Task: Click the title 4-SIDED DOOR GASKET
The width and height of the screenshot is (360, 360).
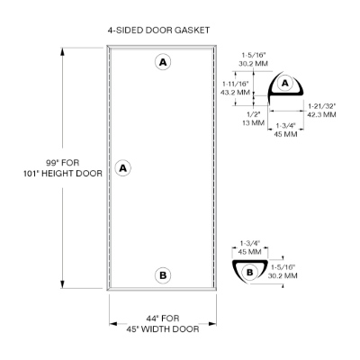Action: [158, 31]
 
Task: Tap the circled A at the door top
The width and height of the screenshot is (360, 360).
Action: [163, 62]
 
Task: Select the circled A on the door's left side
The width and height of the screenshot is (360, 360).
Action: [123, 168]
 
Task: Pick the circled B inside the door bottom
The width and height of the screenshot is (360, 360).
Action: [163, 275]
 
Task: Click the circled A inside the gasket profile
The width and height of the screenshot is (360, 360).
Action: [285, 83]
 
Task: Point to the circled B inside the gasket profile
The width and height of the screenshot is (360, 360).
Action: [249, 273]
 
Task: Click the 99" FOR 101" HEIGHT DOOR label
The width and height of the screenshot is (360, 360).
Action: [63, 168]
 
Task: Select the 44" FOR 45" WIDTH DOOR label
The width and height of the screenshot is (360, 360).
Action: [163, 323]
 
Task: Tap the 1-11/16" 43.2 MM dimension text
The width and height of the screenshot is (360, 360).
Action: [235, 87]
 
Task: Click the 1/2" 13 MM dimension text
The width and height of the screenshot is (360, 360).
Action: [254, 119]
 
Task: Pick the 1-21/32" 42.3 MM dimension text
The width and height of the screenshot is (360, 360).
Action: [322, 110]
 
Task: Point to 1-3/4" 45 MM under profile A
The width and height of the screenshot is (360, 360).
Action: [286, 130]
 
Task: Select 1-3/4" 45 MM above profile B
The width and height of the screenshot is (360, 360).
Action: [249, 247]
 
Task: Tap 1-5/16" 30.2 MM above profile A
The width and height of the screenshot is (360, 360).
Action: [254, 59]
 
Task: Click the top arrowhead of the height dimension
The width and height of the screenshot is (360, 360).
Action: [62, 51]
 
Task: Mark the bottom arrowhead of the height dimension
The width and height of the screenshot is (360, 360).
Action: [62, 284]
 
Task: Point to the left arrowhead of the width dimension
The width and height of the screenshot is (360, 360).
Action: [112, 324]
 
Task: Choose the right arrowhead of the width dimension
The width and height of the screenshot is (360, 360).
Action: [212, 324]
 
